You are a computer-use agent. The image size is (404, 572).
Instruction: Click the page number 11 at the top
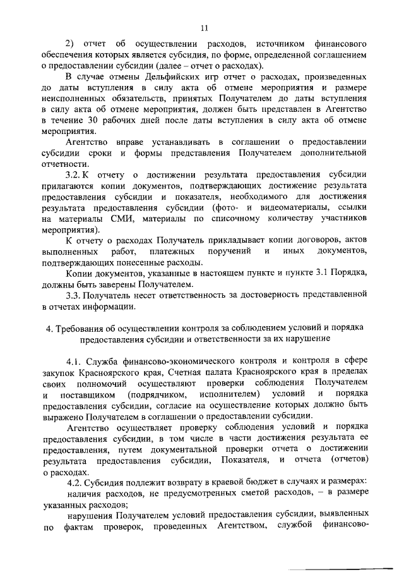tap(202, 28)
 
